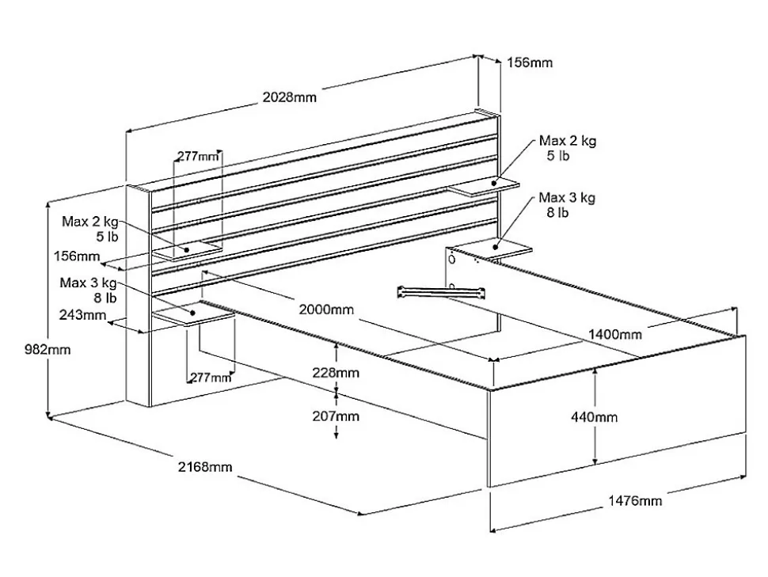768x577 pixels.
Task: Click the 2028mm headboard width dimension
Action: (289, 97)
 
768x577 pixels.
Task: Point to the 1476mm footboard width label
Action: (635, 500)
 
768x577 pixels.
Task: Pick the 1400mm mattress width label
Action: (614, 335)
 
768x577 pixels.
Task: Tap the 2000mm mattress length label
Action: (326, 309)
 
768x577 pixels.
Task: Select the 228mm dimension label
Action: (336, 372)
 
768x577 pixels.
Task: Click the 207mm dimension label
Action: (336, 416)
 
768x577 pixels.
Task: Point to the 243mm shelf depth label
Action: (82, 315)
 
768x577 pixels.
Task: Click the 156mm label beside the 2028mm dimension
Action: (530, 63)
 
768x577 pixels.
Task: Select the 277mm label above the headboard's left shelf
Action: (197, 156)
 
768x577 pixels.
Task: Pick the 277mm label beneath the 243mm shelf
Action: (210, 378)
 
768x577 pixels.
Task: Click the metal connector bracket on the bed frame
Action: (442, 291)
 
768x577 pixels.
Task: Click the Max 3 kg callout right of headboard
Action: (567, 204)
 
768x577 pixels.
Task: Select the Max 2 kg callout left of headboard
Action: (89, 228)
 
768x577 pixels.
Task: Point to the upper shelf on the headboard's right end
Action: (483, 186)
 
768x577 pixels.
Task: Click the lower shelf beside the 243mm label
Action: (194, 316)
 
